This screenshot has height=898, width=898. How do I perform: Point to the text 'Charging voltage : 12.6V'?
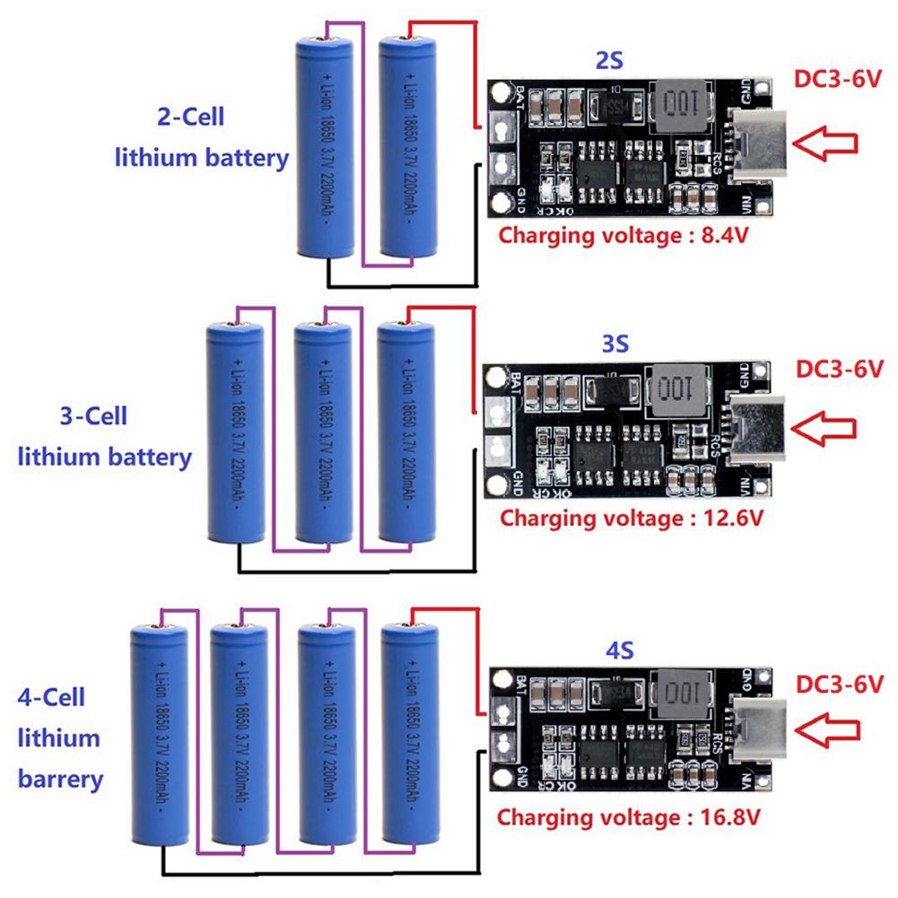click(631, 518)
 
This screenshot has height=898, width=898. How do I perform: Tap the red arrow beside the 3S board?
click(830, 428)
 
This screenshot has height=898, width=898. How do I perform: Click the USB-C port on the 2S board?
click(758, 144)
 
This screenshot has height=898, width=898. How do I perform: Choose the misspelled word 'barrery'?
click(60, 778)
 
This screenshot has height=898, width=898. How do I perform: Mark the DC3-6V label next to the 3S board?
click(839, 368)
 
